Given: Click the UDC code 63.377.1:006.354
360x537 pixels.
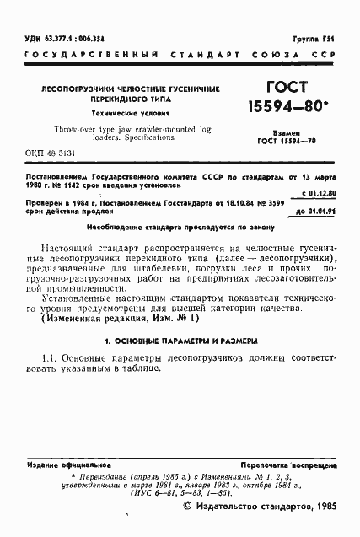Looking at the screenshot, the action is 58,39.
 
